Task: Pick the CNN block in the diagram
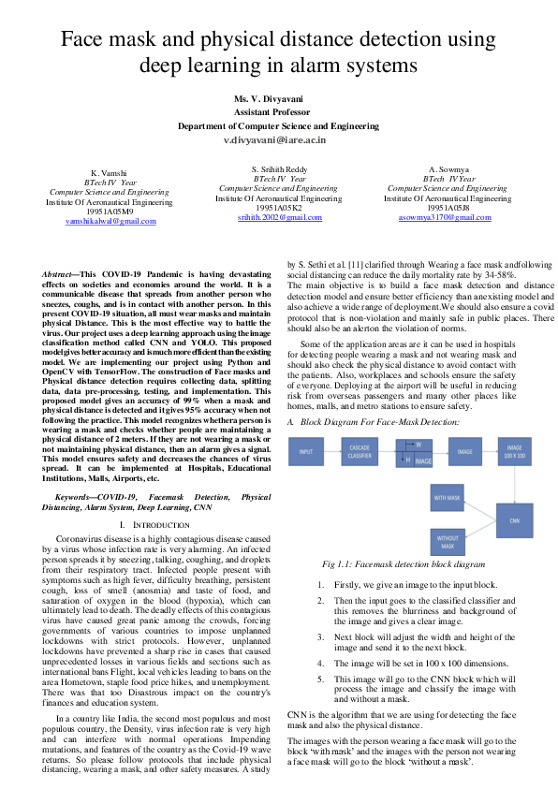[513, 519]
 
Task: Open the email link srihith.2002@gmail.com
[278, 216]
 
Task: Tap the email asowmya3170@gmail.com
[447, 216]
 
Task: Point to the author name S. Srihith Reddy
[278, 168]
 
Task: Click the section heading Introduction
[150, 525]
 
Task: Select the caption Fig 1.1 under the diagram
[403, 564]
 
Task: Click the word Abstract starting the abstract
[59, 273]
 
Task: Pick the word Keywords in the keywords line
[78, 496]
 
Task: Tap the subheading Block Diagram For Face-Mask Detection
[379, 423]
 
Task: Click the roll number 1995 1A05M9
[104, 211]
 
